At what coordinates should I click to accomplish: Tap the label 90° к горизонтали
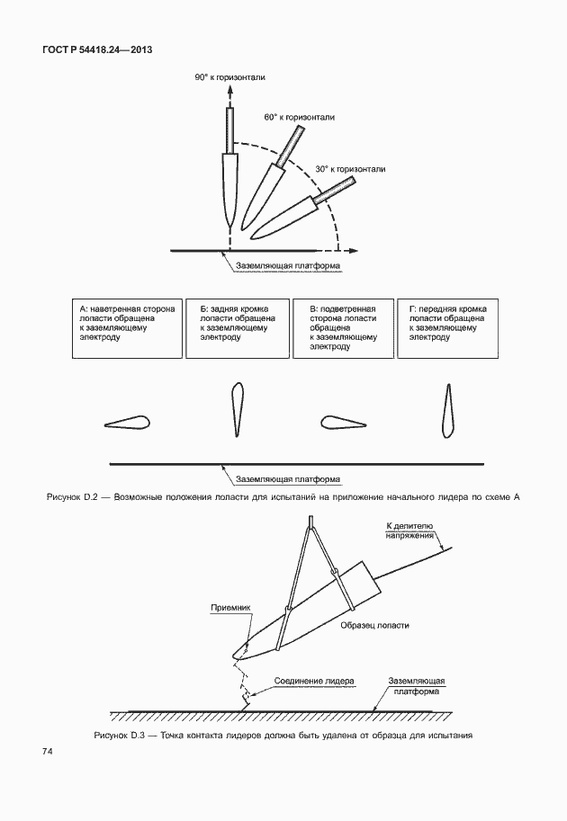tap(229, 78)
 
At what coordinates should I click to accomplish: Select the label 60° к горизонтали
tap(299, 118)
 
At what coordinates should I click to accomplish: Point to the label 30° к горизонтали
tap(350, 169)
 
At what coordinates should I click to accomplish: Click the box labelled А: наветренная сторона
tap(128, 328)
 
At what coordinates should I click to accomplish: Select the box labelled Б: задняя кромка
tap(238, 328)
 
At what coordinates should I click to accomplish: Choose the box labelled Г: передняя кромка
tap(447, 328)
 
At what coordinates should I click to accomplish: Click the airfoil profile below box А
tap(127, 422)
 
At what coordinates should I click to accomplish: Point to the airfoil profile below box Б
tap(237, 408)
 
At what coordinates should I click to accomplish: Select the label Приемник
tap(229, 607)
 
